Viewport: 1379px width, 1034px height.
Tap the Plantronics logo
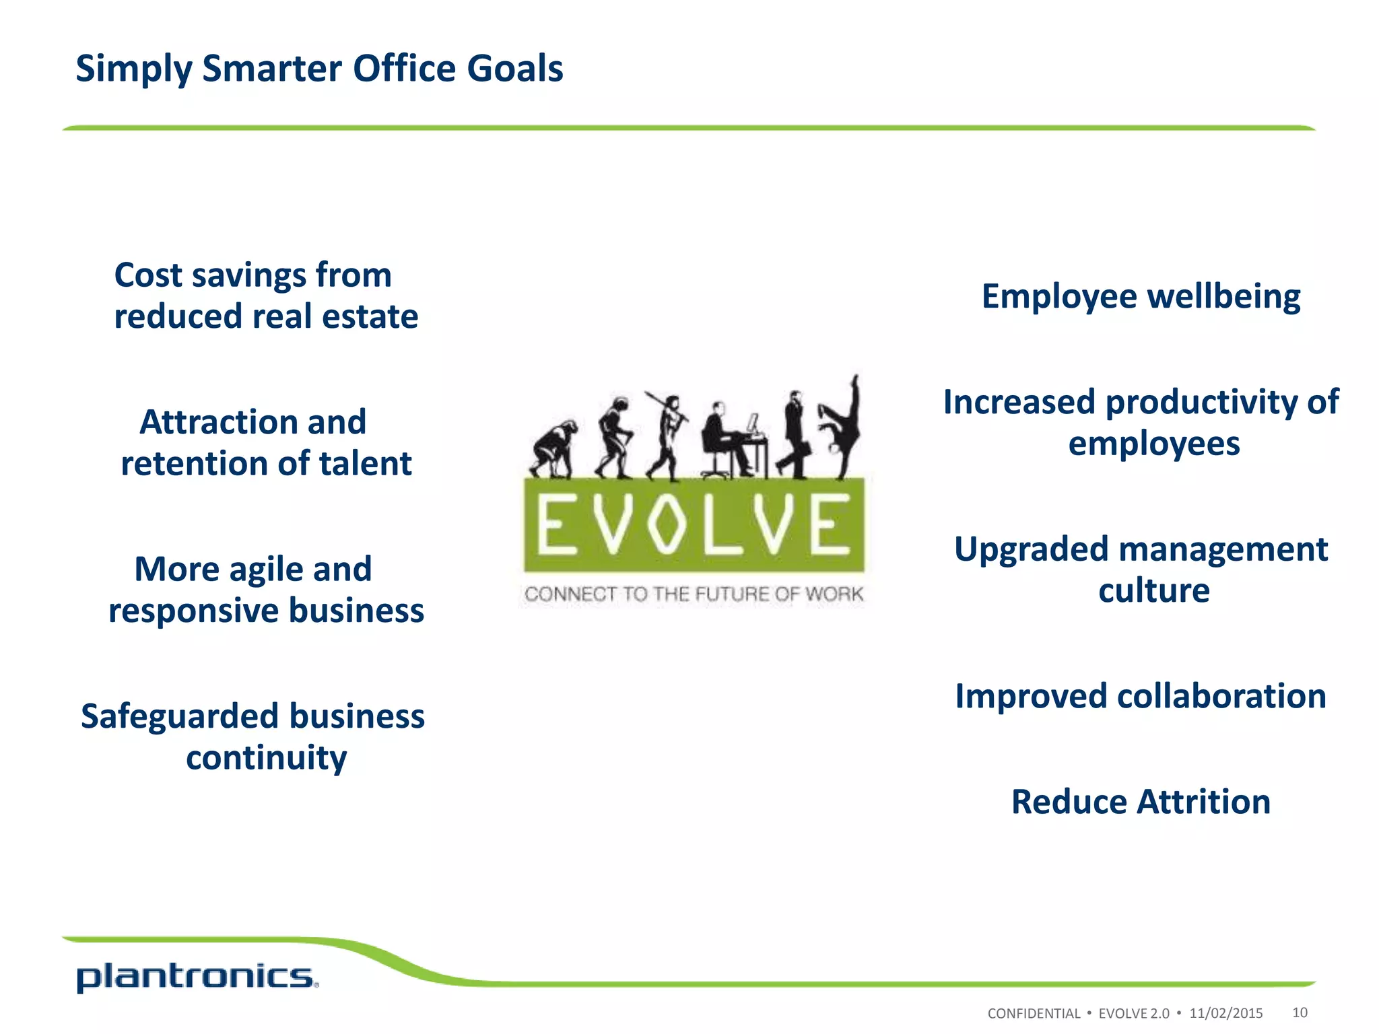pyautogui.click(x=197, y=977)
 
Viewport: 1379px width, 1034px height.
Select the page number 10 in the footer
pyautogui.click(x=1300, y=1012)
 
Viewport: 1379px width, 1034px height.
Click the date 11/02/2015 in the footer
pyautogui.click(x=1225, y=1013)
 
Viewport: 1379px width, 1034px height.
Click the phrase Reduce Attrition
pyautogui.click(x=1141, y=802)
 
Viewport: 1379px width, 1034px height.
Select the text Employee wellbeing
pyautogui.click(x=1141, y=296)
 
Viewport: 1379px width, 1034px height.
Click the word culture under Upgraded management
pyautogui.click(x=1153, y=590)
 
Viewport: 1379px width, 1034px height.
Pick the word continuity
pyautogui.click(x=267, y=758)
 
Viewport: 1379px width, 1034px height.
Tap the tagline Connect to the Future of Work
pyautogui.click(x=694, y=594)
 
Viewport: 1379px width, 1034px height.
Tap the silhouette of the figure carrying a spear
pyautogui.click(x=666, y=434)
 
